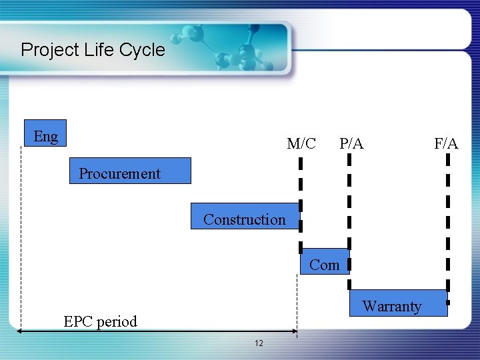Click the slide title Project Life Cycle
tap(93, 50)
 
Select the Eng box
tap(45, 137)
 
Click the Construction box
tap(245, 217)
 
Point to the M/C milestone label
tap(301, 143)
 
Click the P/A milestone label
tap(351, 143)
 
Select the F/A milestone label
tap(446, 143)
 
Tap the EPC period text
tap(100, 321)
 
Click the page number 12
tap(259, 343)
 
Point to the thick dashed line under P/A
tap(349, 200)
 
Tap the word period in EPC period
tap(116, 321)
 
